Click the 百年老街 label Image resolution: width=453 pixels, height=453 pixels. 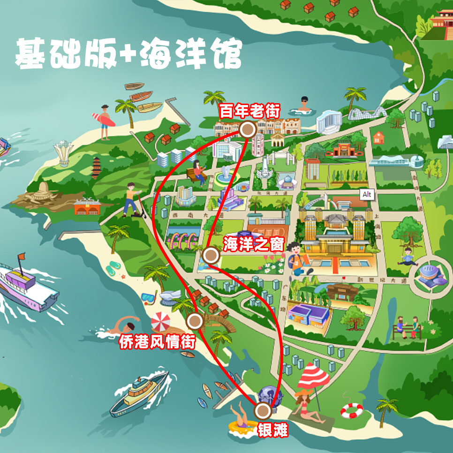click(x=249, y=112)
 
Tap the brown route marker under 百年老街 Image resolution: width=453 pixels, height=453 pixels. click(x=247, y=129)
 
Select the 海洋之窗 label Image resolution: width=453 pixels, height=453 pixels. click(x=253, y=244)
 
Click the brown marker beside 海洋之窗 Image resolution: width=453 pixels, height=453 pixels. click(x=211, y=256)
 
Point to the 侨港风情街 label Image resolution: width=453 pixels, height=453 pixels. click(x=157, y=341)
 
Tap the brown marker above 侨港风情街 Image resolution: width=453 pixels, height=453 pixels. click(x=195, y=321)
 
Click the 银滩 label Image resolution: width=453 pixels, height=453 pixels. click(x=272, y=430)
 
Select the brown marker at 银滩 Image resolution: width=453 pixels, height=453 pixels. click(x=263, y=411)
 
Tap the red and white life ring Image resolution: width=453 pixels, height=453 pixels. click(x=351, y=410)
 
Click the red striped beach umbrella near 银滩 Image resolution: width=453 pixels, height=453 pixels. click(x=313, y=375)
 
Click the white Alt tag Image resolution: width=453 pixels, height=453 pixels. click(x=367, y=194)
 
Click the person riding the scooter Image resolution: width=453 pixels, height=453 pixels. click(x=132, y=199)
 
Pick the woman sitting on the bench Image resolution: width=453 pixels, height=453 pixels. click(x=199, y=173)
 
